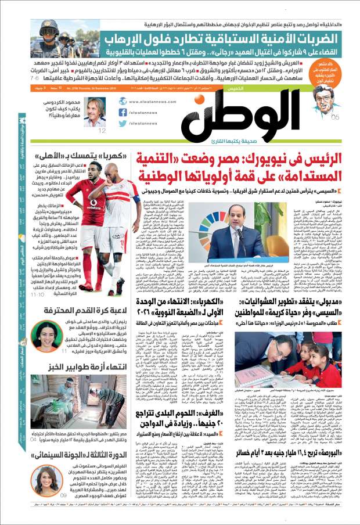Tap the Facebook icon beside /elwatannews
[123, 112]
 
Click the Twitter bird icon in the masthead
[123, 124]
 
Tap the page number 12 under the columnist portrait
[102, 131]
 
